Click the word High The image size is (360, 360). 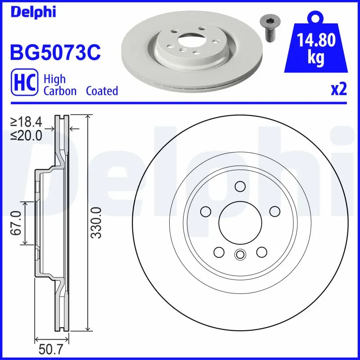[54, 79]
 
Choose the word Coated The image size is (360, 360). [102, 91]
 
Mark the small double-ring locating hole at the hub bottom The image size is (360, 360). [240, 255]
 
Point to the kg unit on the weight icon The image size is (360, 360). [317, 59]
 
